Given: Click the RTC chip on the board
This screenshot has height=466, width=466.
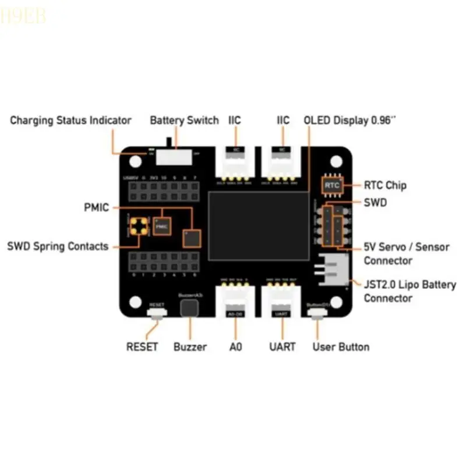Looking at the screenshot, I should [332, 185].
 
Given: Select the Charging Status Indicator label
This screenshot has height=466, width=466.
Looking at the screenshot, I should [70, 121].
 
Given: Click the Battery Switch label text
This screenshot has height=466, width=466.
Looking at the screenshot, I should [184, 121].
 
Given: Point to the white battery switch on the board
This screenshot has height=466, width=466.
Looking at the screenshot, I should [175, 157].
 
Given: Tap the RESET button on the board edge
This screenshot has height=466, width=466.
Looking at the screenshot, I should [157, 313].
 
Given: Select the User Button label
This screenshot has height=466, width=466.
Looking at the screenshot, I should [341, 347].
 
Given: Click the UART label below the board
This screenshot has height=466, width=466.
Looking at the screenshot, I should [282, 347].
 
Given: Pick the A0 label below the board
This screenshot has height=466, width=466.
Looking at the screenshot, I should [235, 347].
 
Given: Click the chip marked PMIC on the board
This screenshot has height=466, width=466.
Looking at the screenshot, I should [162, 224].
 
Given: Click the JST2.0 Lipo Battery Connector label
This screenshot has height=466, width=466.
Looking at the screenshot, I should [409, 291].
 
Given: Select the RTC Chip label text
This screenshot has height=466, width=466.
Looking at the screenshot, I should [385, 186].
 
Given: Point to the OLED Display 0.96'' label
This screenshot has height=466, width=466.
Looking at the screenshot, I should [350, 121].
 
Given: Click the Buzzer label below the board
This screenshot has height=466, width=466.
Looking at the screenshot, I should [190, 347].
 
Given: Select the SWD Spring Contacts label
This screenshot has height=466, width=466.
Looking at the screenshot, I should [58, 246].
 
